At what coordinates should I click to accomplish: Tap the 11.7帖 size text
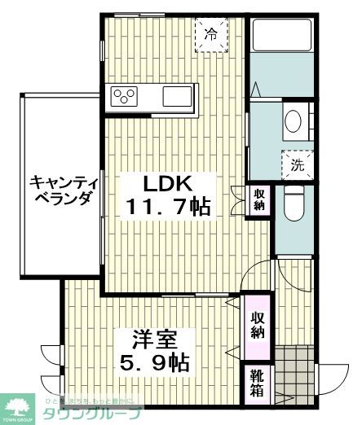tap(168, 208)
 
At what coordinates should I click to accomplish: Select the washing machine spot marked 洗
tap(297, 164)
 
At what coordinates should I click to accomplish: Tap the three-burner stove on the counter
tap(126, 96)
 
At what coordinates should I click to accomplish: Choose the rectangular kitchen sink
tap(177, 96)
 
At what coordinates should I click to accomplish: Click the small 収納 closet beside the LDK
tap(258, 200)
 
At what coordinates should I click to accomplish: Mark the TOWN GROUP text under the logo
tap(17, 420)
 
